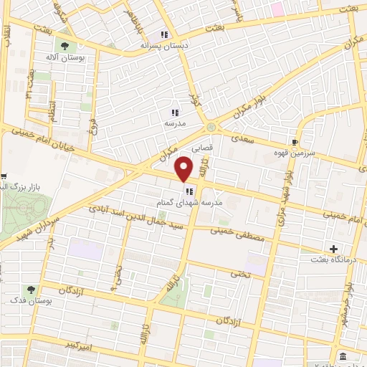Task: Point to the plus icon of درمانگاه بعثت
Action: coord(333,249)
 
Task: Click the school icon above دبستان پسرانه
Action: coord(164,34)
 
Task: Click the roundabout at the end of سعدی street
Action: coord(211,128)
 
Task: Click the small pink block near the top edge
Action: coord(276,9)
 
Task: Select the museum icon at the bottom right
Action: coord(343,356)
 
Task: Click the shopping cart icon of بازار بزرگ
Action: coord(4,177)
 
